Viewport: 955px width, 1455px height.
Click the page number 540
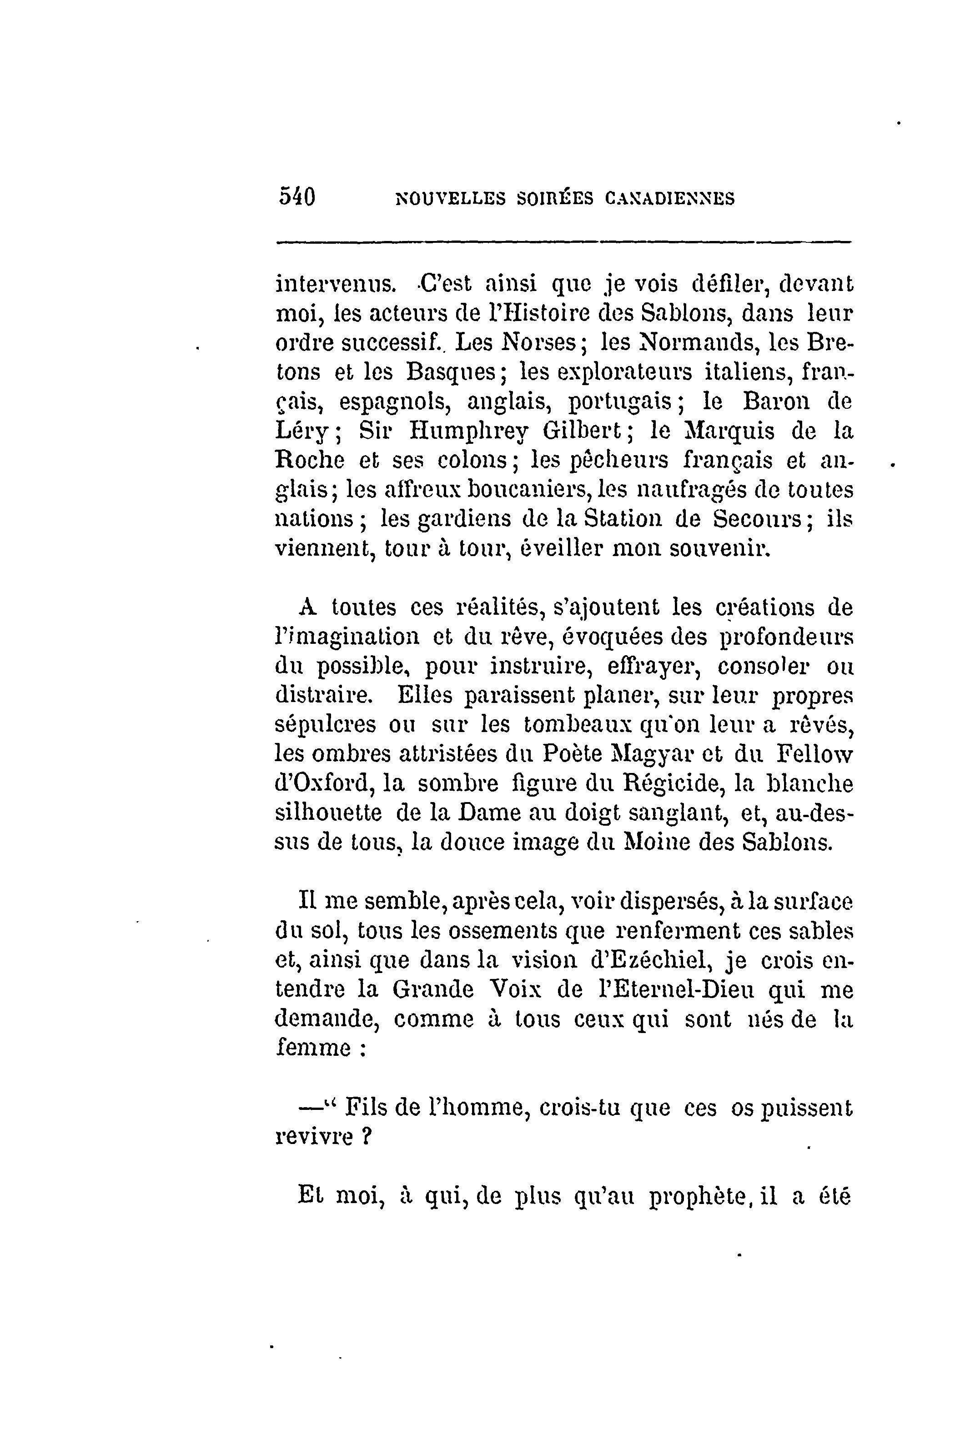coord(297,197)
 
